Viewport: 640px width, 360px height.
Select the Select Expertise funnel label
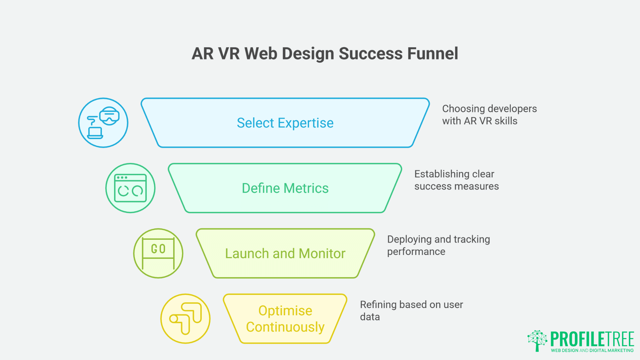tap(285, 123)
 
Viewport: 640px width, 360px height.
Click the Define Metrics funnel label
tap(285, 188)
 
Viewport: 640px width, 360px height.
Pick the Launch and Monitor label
tap(285, 254)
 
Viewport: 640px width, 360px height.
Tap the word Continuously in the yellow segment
tap(285, 327)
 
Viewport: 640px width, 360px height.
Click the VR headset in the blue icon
tap(109, 116)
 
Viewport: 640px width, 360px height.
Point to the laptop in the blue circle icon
tap(95, 133)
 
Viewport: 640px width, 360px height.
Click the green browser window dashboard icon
tap(130, 188)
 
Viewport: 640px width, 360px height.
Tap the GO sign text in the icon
tap(158, 249)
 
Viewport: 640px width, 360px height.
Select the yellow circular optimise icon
tap(185, 319)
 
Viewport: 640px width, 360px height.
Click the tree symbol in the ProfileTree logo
tap(537, 340)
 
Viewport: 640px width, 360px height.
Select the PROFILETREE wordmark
tap(592, 339)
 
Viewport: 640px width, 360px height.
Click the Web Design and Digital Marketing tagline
tap(592, 350)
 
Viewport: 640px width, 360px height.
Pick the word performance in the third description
tap(416, 252)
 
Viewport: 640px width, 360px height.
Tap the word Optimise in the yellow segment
tap(285, 311)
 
